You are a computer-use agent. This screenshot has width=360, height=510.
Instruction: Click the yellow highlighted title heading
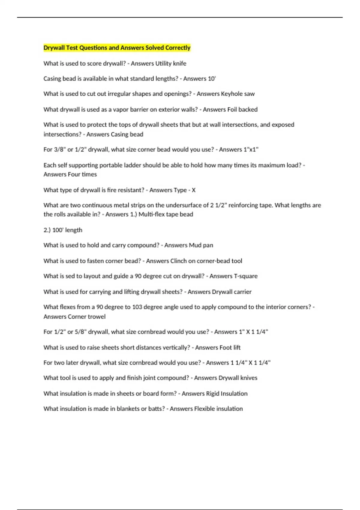117,48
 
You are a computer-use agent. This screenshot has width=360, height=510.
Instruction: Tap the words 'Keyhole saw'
238,94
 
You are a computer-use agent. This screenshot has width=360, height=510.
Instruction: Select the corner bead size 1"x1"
247,149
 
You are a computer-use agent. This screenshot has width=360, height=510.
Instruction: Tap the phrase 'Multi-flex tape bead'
166,214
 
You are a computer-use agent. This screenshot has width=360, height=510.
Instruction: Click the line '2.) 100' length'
63,230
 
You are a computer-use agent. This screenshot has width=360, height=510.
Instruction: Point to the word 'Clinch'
178,261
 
